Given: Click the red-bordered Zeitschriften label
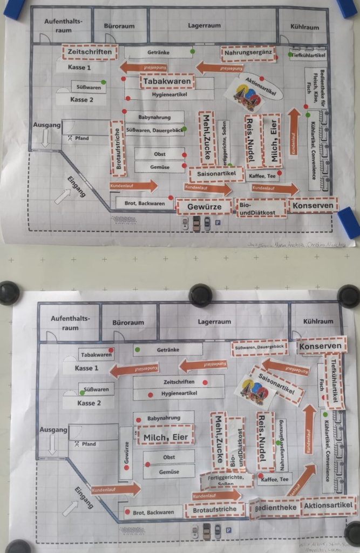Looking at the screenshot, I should [90, 52].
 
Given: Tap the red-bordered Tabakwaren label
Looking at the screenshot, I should [167, 82].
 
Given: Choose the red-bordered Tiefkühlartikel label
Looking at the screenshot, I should [335, 381].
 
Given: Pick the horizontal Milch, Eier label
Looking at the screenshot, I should [165, 435].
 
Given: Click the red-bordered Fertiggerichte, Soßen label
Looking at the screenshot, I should [227, 479].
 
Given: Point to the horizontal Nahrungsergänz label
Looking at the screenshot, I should [248, 53].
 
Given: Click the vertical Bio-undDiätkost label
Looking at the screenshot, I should [235, 443].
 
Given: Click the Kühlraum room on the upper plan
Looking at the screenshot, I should [304, 26].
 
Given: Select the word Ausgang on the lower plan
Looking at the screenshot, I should [53, 430].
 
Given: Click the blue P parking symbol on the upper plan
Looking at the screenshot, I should [218, 221].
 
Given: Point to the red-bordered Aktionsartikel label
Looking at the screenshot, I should [329, 506].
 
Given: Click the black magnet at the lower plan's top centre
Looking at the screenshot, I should [200, 295].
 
